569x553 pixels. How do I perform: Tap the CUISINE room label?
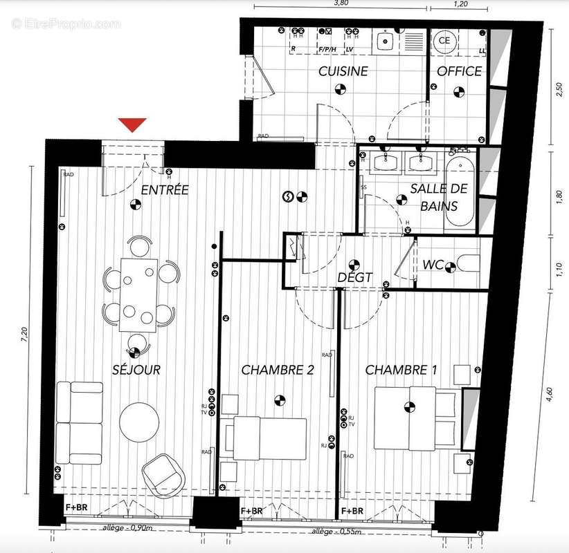(x=343, y=71)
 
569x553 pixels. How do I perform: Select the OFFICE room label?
(x=459, y=71)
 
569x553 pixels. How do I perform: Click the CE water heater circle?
(x=444, y=41)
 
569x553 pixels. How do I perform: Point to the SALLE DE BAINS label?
(x=439, y=197)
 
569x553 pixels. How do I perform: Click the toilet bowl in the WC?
(x=467, y=263)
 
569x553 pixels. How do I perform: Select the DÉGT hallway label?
(x=354, y=278)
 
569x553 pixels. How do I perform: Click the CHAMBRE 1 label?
(x=401, y=371)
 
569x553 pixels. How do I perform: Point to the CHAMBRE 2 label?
(x=278, y=371)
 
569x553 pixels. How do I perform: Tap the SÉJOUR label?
(x=136, y=371)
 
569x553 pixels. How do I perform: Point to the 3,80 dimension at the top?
(x=341, y=3)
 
